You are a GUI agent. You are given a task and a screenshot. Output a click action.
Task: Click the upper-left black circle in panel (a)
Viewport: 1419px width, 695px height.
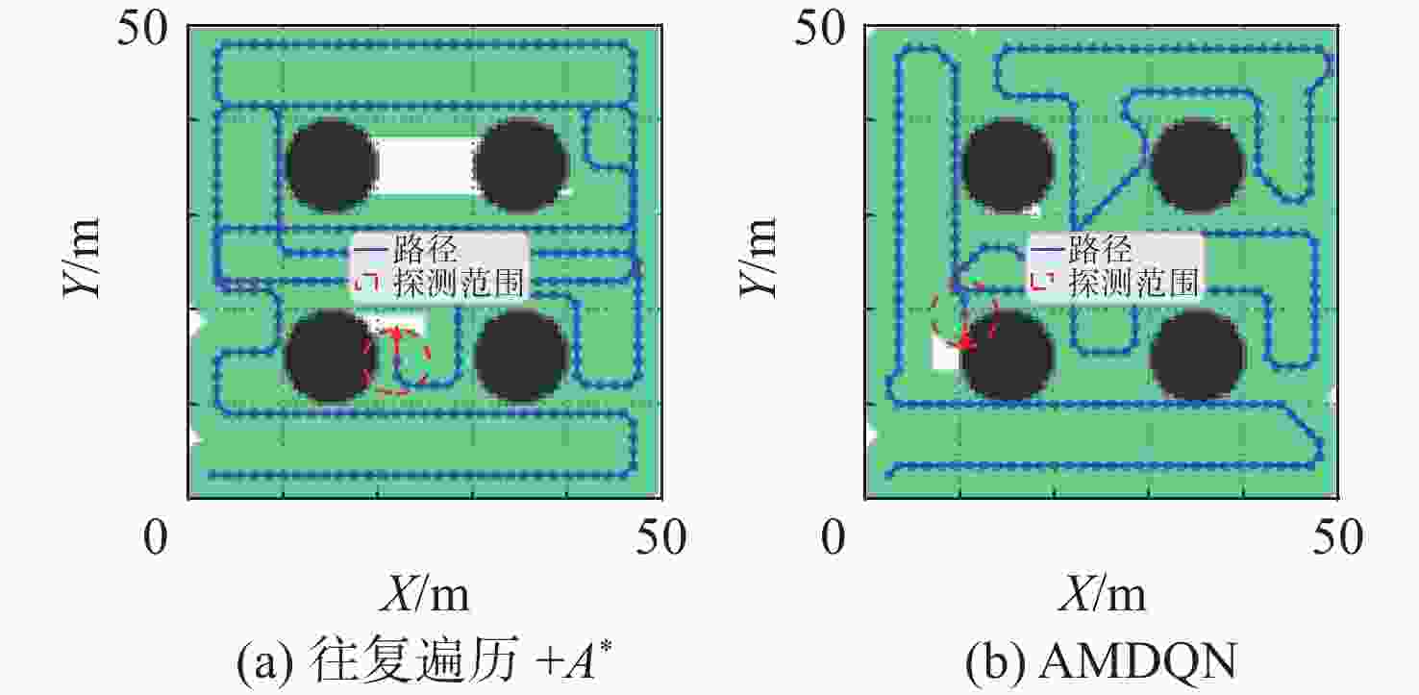pos(331,165)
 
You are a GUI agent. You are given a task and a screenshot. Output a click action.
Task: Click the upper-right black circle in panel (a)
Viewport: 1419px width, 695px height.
pos(521,165)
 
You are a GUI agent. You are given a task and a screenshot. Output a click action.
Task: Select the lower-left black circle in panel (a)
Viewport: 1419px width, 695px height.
pos(331,356)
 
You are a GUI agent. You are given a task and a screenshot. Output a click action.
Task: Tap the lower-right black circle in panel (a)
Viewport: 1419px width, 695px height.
pos(521,356)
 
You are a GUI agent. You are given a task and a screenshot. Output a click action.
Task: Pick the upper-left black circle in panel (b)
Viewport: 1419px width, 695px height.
pos(1008,165)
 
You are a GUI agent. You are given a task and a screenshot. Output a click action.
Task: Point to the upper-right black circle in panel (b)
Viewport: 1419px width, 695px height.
pos(1197,165)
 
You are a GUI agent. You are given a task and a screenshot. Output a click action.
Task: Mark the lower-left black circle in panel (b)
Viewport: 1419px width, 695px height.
pos(1008,356)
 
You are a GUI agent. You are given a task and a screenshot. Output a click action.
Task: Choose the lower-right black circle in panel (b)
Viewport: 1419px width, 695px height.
pos(1197,356)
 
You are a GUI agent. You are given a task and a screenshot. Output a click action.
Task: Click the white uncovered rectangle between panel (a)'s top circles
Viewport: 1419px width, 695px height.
pos(426,166)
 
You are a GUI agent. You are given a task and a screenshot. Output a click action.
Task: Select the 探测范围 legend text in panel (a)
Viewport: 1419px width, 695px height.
pos(459,283)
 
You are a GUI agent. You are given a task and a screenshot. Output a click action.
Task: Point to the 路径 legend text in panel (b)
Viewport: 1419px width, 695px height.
pos(1101,249)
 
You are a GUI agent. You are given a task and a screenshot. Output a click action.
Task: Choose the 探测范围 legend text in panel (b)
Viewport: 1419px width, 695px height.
pos(1133,283)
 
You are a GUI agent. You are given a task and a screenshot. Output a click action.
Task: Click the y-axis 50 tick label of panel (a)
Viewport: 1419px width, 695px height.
pos(142,29)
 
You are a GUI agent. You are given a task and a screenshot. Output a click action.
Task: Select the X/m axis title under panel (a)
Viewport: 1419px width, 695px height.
pos(425,594)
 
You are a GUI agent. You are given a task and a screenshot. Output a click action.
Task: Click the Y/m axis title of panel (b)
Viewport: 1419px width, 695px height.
pos(758,258)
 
